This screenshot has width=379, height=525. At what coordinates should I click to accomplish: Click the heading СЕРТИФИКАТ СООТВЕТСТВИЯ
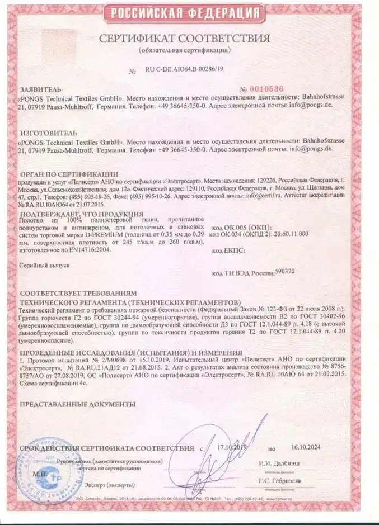(x=185, y=39)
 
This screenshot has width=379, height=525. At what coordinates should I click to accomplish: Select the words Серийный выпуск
(x=44, y=267)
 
